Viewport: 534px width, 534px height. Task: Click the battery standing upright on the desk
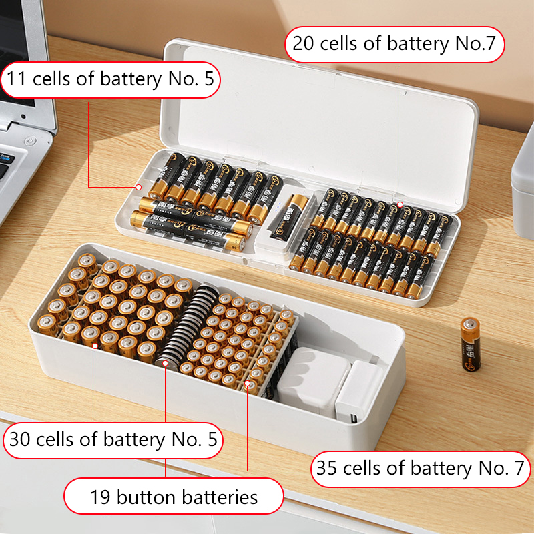coord(471,344)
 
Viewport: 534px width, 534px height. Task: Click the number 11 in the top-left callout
coord(16,79)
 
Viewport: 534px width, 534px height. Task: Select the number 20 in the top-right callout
coord(303,43)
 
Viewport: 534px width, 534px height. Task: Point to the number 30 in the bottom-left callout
coord(20,439)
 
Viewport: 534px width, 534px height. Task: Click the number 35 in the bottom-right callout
coord(327,468)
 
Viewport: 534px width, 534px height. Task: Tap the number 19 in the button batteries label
coord(101,497)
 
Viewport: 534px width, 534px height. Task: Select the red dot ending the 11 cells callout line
coord(138,187)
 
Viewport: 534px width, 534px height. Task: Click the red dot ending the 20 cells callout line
coord(400,204)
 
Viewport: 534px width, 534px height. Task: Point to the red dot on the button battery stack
coord(165,363)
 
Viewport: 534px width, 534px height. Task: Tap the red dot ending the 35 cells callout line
coord(247,384)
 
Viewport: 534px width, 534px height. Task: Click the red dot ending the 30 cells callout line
coord(95,346)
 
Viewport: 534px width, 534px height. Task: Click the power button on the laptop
coord(30,140)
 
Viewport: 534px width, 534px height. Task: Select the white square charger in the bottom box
coord(312,381)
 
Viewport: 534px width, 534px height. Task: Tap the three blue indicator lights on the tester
coord(279,206)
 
